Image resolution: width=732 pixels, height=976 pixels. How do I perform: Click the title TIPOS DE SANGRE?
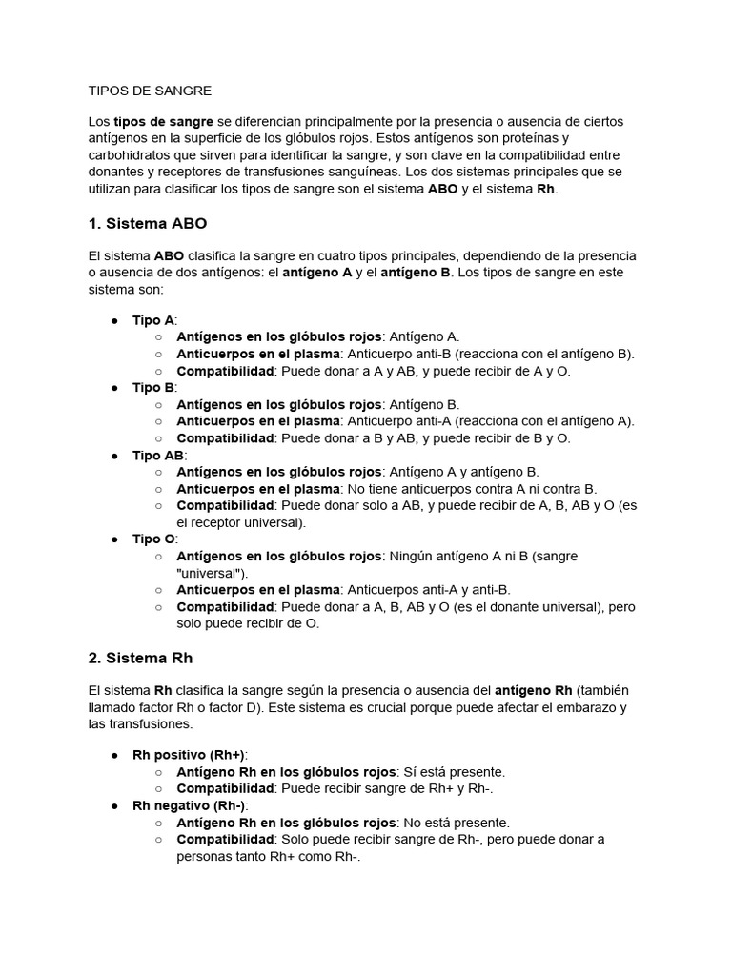point(150,91)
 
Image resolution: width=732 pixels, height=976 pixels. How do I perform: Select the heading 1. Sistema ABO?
point(147,224)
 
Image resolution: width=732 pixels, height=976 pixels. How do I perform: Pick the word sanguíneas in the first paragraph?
point(355,173)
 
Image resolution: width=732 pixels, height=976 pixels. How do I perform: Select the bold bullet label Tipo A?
point(153,320)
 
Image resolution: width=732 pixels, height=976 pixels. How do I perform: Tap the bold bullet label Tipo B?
point(153,387)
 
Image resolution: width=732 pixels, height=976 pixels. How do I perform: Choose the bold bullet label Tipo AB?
point(158,456)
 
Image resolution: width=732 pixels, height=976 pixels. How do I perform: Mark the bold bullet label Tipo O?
point(153,539)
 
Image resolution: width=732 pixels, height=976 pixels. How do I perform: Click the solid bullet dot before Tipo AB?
point(113,456)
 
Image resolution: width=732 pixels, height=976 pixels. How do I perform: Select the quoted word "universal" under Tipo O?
point(213,573)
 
